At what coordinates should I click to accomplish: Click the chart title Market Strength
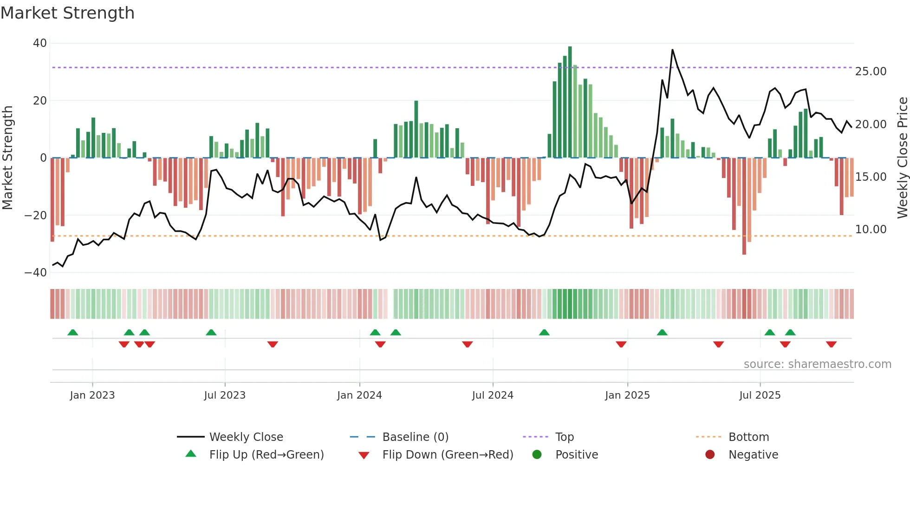(67, 13)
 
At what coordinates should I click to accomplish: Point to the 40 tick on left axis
(40, 43)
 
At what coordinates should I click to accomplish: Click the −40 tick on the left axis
(36, 273)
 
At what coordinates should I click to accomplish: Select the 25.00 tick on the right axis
(871, 72)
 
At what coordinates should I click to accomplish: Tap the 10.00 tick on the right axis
(871, 230)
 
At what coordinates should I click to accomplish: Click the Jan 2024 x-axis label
(359, 395)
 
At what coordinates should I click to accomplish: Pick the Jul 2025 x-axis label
(760, 395)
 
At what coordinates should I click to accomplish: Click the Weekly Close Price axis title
(902, 158)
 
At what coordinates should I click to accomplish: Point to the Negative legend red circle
(710, 455)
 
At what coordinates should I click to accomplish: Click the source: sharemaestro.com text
(817, 364)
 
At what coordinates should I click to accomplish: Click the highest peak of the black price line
(672, 50)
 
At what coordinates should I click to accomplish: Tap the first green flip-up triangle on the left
(73, 333)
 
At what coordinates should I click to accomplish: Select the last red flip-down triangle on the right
(831, 344)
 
